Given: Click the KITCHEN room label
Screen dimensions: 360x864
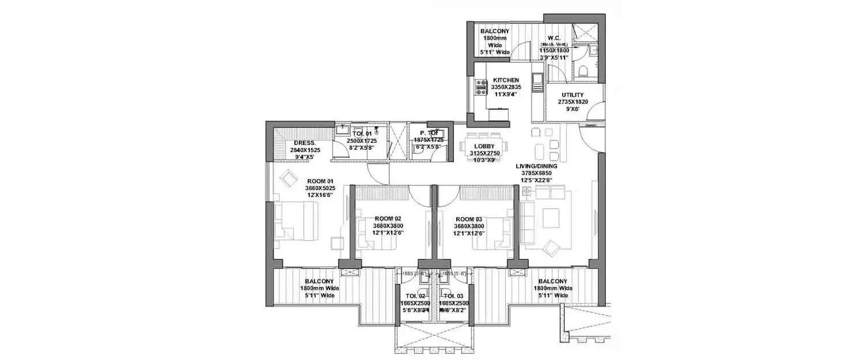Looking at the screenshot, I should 506,80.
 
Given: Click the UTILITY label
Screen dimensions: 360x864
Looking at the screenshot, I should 573,95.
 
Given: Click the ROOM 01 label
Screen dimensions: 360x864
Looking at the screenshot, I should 319,180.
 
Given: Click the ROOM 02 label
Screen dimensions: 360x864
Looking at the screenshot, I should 388,219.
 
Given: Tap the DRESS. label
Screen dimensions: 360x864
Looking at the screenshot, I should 303,142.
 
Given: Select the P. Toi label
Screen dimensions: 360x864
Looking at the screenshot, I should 429,132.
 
